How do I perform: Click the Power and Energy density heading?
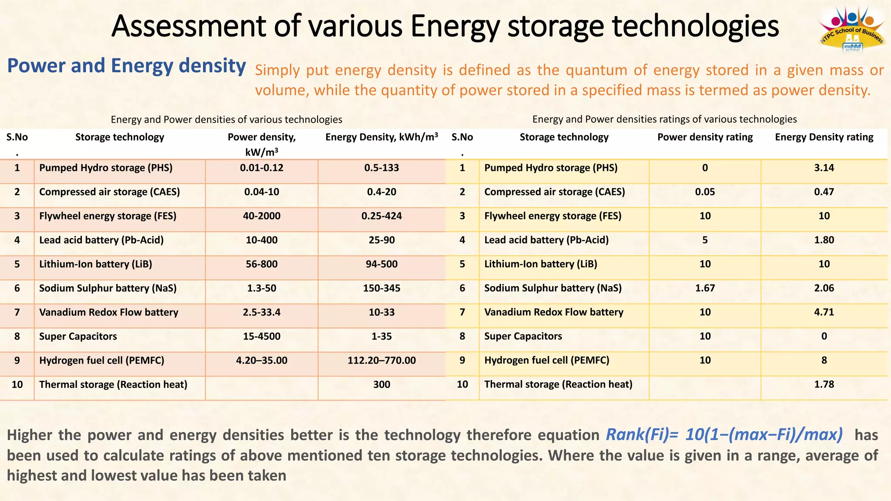tap(127, 66)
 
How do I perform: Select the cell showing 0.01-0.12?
tap(261, 168)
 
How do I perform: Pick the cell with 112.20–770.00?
tap(382, 361)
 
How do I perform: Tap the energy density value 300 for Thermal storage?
tap(382, 384)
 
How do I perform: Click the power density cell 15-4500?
tap(261, 337)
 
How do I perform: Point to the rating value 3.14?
tap(824, 168)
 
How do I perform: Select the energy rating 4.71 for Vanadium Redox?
tap(824, 312)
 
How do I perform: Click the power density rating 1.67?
tap(705, 288)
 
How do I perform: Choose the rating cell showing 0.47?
tap(824, 192)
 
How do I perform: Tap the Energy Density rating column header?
tap(824, 137)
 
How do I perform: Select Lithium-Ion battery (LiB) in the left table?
tap(96, 264)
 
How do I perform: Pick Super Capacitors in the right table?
tap(523, 337)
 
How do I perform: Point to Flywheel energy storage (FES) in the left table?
tap(107, 216)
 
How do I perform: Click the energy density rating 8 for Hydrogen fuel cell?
tap(824, 361)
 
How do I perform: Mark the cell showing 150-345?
tap(382, 288)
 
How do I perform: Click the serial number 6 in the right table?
tap(462, 288)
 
